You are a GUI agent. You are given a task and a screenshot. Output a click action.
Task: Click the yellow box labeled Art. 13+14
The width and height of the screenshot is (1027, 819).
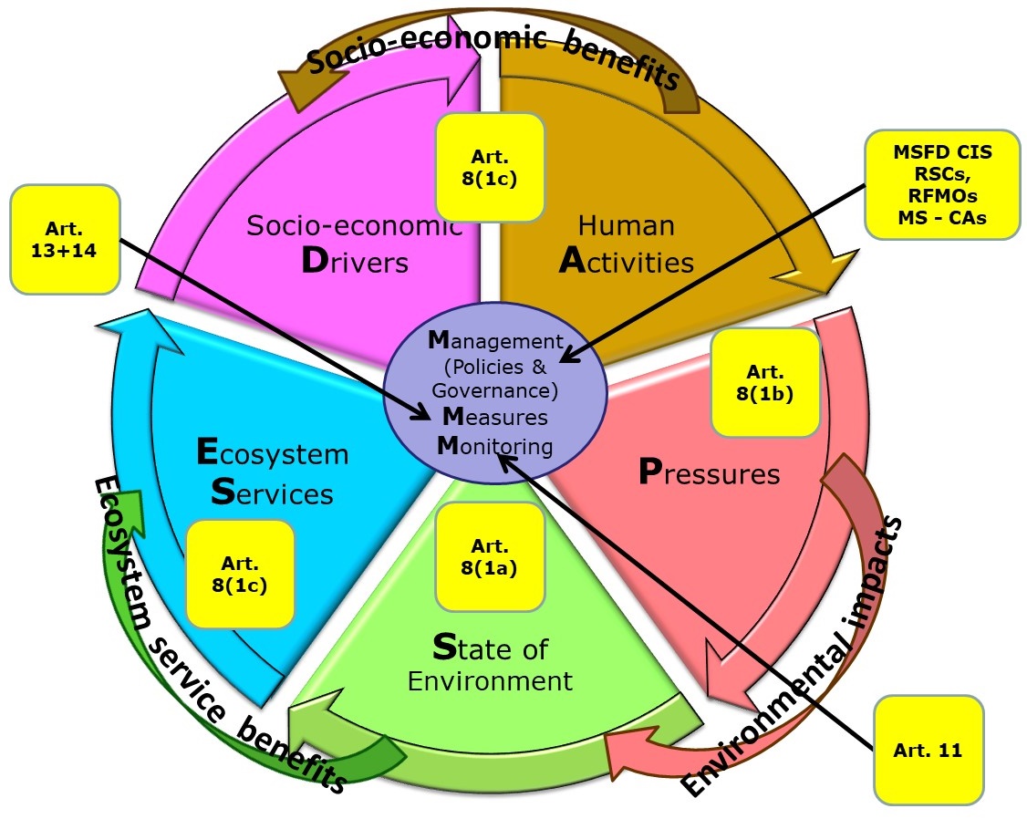pyautogui.click(x=66, y=239)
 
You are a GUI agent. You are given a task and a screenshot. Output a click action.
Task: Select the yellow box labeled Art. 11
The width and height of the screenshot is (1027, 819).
pyautogui.click(x=928, y=750)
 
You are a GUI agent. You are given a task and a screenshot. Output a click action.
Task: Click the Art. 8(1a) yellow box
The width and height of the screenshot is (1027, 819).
pyautogui.click(x=490, y=556)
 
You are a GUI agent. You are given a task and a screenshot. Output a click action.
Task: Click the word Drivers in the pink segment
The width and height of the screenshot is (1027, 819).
pyautogui.click(x=354, y=262)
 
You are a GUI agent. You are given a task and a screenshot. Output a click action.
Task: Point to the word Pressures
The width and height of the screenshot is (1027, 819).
pyautogui.click(x=709, y=473)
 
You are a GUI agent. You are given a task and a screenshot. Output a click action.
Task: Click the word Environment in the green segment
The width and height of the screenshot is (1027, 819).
pyautogui.click(x=490, y=681)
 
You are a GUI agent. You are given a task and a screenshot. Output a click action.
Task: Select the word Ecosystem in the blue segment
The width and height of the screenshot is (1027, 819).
pyautogui.click(x=273, y=453)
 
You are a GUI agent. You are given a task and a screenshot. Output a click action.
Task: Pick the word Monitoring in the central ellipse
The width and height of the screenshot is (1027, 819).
pyautogui.click(x=493, y=447)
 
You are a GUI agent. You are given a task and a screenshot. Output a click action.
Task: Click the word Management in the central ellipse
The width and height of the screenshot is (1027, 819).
pyautogui.click(x=494, y=343)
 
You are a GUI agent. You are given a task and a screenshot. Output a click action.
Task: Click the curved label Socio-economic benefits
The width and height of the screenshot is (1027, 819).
pyautogui.click(x=493, y=59)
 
